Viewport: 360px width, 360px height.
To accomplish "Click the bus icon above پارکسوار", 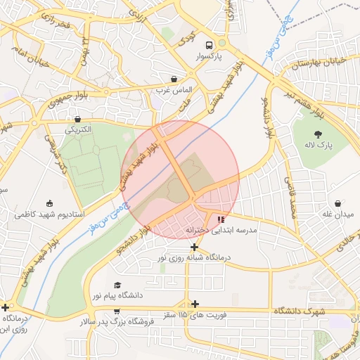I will [x=207, y=43].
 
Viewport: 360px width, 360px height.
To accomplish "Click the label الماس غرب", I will [x=174, y=90].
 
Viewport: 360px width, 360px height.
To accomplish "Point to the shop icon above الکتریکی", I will [x=77, y=119].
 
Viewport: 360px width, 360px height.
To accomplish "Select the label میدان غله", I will [x=338, y=214].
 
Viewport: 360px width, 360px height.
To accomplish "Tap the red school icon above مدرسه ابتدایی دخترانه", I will [x=221, y=219].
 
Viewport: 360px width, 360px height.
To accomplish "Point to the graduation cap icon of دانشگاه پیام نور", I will [x=117, y=285].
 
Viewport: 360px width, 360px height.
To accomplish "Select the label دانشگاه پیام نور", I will [x=117, y=296].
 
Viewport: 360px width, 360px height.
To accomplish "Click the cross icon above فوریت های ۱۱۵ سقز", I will [x=195, y=304].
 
